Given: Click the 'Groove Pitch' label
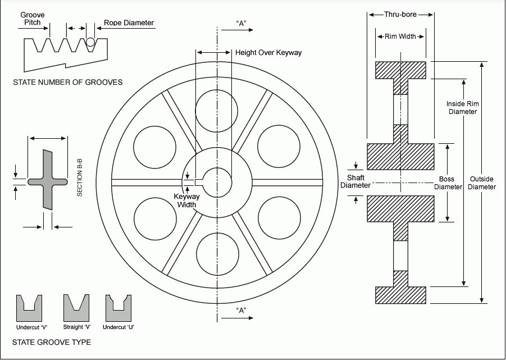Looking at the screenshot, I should coord(32,18).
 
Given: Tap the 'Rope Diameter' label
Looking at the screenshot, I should coord(129,24).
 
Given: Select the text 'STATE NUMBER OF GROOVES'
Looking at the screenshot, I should coord(67,83).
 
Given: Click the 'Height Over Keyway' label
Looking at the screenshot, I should coord(268,53).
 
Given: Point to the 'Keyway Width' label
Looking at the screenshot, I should coord(185,201).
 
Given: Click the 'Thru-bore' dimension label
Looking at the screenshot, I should coord(400,15).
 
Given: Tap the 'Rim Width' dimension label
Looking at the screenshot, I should coord(400,37).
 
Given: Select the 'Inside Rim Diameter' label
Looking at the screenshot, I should coord(462,107).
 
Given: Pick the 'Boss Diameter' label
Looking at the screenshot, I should coord(446,183).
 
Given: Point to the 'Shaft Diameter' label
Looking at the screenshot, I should coord(355,181).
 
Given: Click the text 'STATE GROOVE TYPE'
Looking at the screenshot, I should coord(51,342).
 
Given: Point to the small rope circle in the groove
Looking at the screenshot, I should coord(90,41).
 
